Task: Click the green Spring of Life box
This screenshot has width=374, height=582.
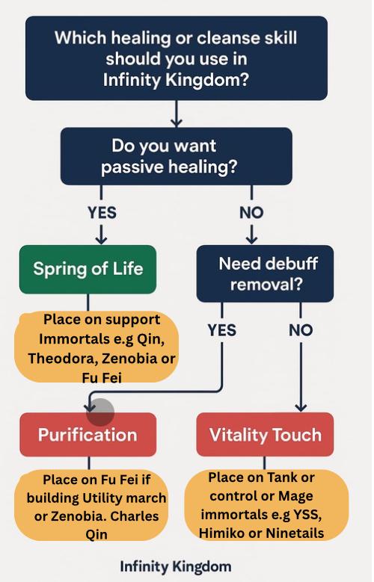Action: [x=88, y=269]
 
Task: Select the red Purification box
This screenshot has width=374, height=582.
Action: [x=88, y=434]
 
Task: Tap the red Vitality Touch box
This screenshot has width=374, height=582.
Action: [x=265, y=434]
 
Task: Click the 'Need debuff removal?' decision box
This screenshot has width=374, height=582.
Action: [x=265, y=273]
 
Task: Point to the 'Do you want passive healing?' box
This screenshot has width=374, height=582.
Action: [x=177, y=156]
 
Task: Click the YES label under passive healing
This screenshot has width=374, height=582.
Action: [x=102, y=213]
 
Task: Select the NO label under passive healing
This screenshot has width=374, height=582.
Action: [x=251, y=213]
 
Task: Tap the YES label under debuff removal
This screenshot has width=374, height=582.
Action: [x=222, y=330]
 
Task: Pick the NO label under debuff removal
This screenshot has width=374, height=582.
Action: [x=301, y=330]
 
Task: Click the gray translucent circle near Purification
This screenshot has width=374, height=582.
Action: [x=100, y=412]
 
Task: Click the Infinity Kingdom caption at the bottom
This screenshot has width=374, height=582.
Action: [x=176, y=566]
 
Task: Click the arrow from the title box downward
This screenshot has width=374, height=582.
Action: [x=177, y=114]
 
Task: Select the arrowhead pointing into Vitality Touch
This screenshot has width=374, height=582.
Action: [x=301, y=408]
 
